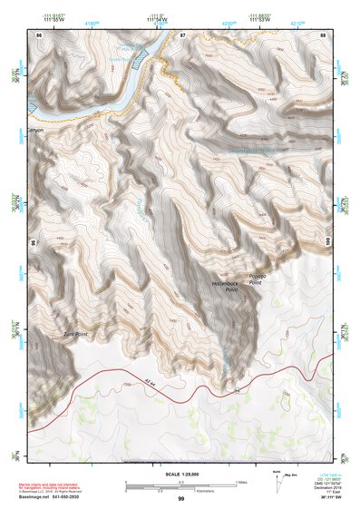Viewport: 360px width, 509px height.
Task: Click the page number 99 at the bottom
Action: coord(180,499)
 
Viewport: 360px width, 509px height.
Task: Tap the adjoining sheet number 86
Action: coord(39,34)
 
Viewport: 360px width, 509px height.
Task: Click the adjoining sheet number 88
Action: coord(323,34)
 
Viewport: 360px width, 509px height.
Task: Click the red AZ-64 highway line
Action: coord(136,381)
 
